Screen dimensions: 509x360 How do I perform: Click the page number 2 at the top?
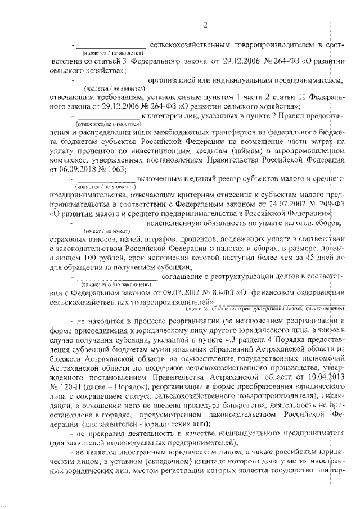click(x=206, y=24)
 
